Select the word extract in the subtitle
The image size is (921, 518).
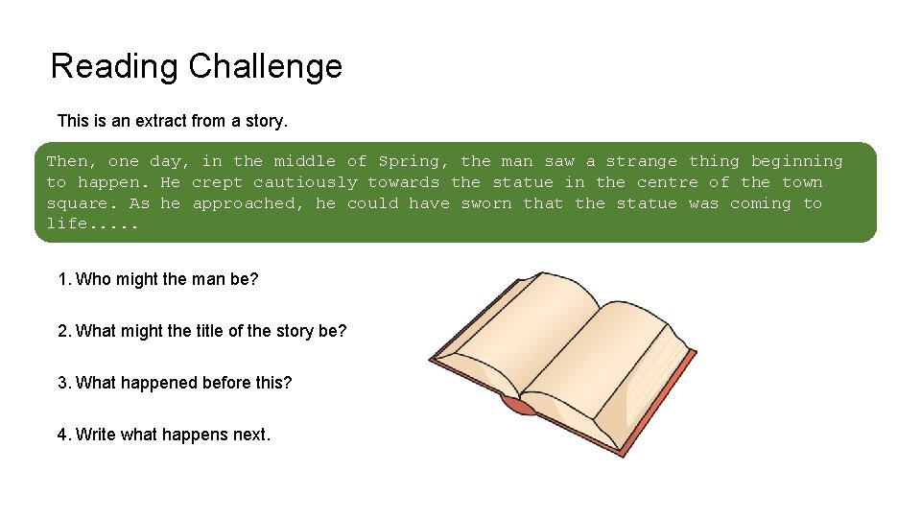coord(167,121)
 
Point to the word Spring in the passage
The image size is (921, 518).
coord(409,161)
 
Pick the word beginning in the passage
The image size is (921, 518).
coord(796,161)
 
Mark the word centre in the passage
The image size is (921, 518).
coord(668,182)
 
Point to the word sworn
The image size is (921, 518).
coord(486,203)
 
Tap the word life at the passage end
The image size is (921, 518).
coord(67,224)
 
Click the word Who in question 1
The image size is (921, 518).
coord(93,279)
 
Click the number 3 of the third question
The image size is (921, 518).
coord(62,383)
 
